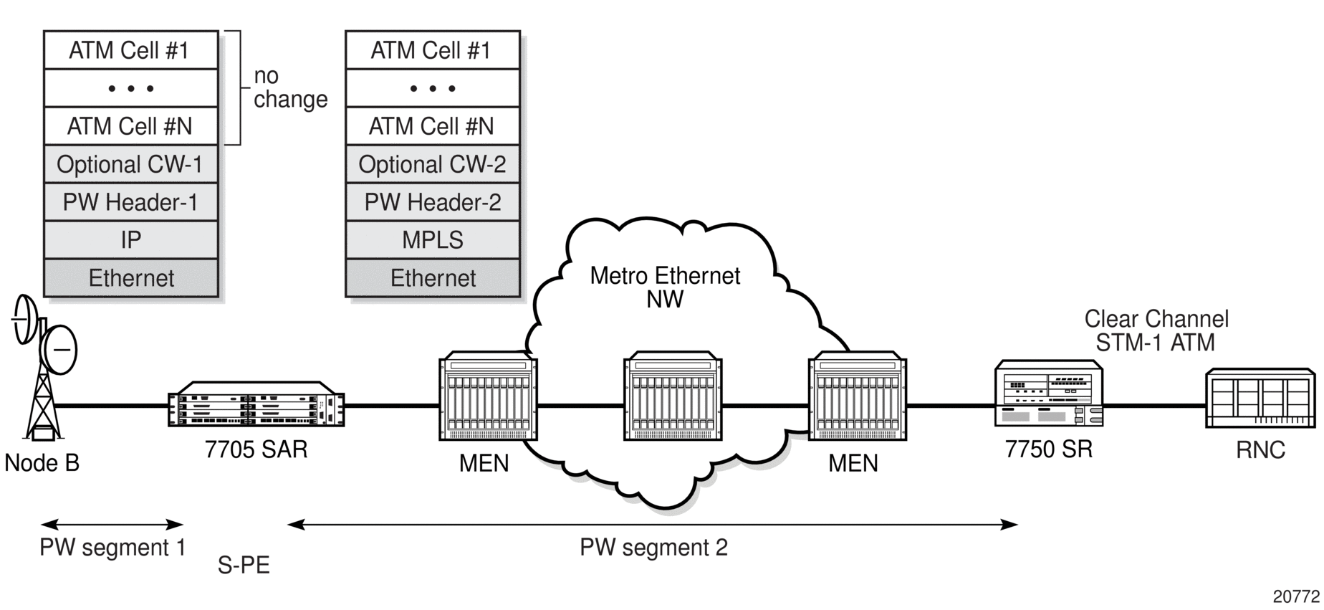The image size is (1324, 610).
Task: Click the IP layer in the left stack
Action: (x=131, y=239)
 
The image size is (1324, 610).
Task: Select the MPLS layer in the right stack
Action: (x=433, y=239)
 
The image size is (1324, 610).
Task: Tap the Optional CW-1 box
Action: (x=131, y=164)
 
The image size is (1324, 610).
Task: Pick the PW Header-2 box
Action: (x=433, y=202)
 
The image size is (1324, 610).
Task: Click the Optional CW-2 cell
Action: (x=433, y=164)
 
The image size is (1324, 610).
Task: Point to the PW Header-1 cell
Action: (x=131, y=202)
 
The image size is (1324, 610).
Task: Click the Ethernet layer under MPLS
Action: (x=433, y=277)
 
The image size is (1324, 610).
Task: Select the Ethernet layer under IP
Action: (x=131, y=277)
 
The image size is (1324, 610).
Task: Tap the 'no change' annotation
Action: (x=290, y=87)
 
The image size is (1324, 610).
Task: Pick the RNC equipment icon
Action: (x=1260, y=399)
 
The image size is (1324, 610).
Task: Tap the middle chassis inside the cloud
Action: (x=673, y=396)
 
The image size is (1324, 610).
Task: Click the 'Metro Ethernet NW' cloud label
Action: (x=665, y=287)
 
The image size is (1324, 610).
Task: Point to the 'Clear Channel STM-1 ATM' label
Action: (x=1156, y=330)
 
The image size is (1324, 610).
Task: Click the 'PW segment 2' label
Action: (x=653, y=548)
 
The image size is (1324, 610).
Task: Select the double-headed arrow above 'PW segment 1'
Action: (x=112, y=524)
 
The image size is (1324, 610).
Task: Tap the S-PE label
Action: (x=244, y=566)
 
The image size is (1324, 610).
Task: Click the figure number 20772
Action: (x=1296, y=596)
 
